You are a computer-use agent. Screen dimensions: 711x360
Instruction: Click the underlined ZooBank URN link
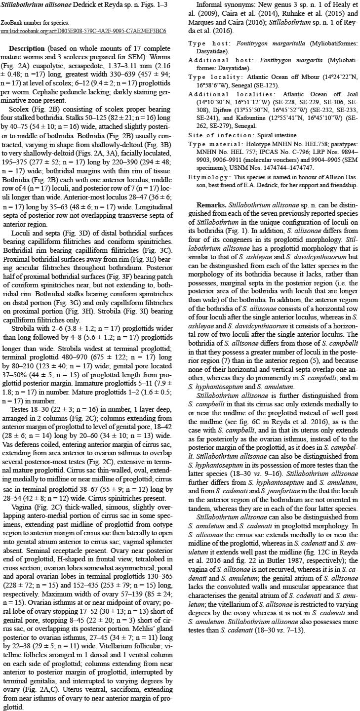[83, 31]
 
